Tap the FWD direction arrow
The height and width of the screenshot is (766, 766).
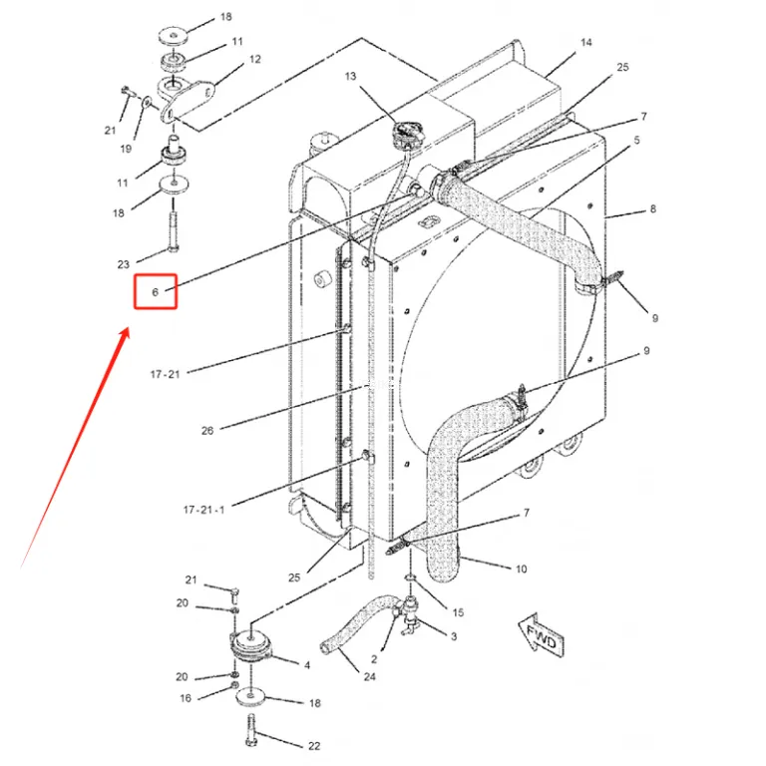coord(541,635)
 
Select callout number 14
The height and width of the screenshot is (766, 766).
coord(586,43)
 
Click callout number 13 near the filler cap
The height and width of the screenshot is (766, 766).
coord(350,76)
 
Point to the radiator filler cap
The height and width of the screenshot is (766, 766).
coord(405,134)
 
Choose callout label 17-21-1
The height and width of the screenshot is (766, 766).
coord(203,510)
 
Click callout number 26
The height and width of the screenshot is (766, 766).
coord(207,431)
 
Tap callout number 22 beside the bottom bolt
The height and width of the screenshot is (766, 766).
coord(314,745)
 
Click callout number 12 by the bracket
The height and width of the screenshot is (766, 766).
coord(255,59)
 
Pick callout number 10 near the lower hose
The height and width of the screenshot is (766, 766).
coord(522,569)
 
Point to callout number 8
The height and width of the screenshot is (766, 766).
coord(652,209)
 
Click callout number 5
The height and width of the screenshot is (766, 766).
coord(636,141)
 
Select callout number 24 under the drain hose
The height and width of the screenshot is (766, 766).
coord(370,676)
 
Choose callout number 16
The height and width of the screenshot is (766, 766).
coord(186,698)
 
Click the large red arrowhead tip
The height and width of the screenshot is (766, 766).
coord(129,328)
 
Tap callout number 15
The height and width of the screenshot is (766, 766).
coord(458,612)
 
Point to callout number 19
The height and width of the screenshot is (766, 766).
coord(126,149)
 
